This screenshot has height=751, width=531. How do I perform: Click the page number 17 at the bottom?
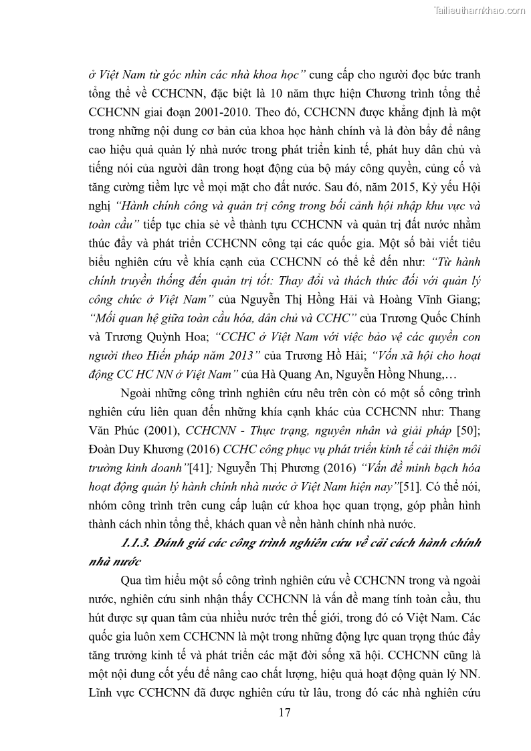tap(284, 712)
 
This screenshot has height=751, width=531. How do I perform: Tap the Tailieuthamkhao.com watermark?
tap(480, 10)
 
